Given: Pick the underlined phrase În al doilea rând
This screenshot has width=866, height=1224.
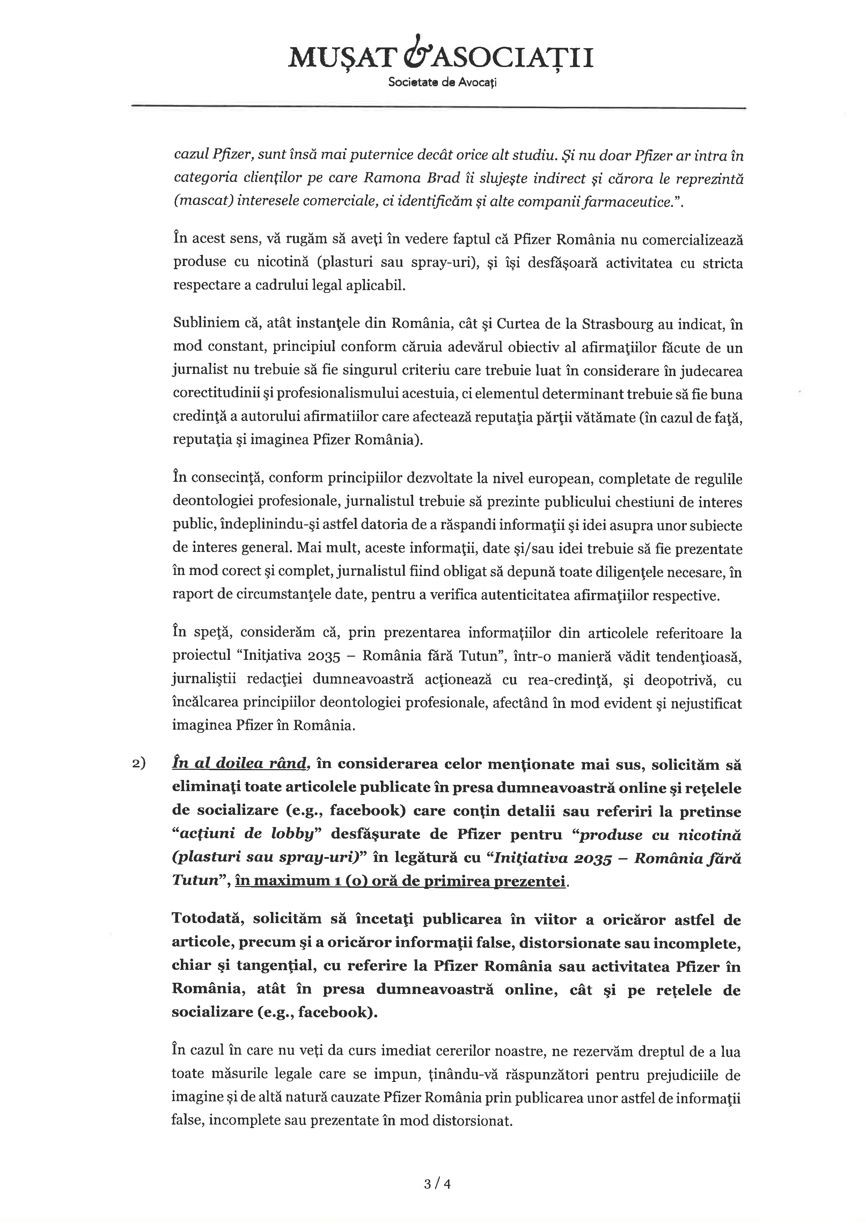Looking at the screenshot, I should (x=241, y=764).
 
